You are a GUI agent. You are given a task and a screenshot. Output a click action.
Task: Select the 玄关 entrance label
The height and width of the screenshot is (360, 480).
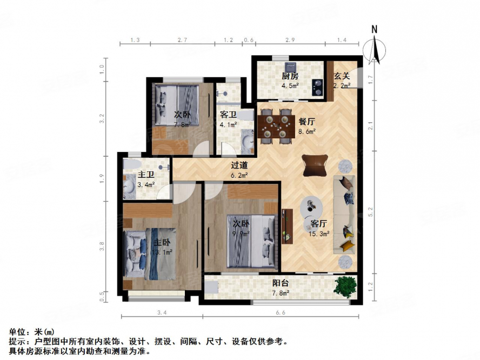coord(341,76)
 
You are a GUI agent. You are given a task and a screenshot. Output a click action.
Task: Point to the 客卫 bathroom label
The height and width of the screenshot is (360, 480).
coord(228,115)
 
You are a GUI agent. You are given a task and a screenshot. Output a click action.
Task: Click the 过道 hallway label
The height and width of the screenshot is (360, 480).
coord(239,166)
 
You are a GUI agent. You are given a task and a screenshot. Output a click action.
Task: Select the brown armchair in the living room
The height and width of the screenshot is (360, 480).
coord(315,165)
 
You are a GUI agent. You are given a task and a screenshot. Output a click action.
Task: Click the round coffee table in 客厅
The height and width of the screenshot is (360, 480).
coord(312,205)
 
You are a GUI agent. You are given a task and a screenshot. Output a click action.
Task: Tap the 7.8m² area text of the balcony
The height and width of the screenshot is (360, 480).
coord(280,293)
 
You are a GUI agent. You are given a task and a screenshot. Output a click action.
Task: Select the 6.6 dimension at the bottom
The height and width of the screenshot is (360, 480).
coord(279,312)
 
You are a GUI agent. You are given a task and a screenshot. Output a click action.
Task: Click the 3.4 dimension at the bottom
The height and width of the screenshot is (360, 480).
coord(161,312)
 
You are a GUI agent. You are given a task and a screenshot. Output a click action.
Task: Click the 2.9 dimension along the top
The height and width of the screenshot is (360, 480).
coord(290,40)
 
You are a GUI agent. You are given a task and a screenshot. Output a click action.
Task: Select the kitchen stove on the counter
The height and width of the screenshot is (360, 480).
coord(316,85)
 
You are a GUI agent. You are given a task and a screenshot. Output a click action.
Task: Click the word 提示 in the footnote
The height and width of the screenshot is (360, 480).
coord(17,342)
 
